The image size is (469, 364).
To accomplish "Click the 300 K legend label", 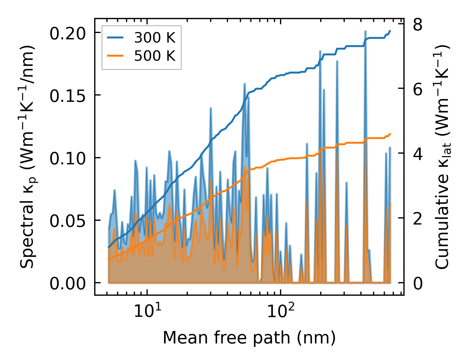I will pyautogui.click(x=155, y=38).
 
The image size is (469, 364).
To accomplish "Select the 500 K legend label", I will pyautogui.click(x=155, y=56).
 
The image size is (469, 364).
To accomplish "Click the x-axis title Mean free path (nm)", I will pyautogui.click(x=249, y=338).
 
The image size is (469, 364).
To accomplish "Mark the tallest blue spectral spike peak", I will pyautogui.click(x=366, y=31).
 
